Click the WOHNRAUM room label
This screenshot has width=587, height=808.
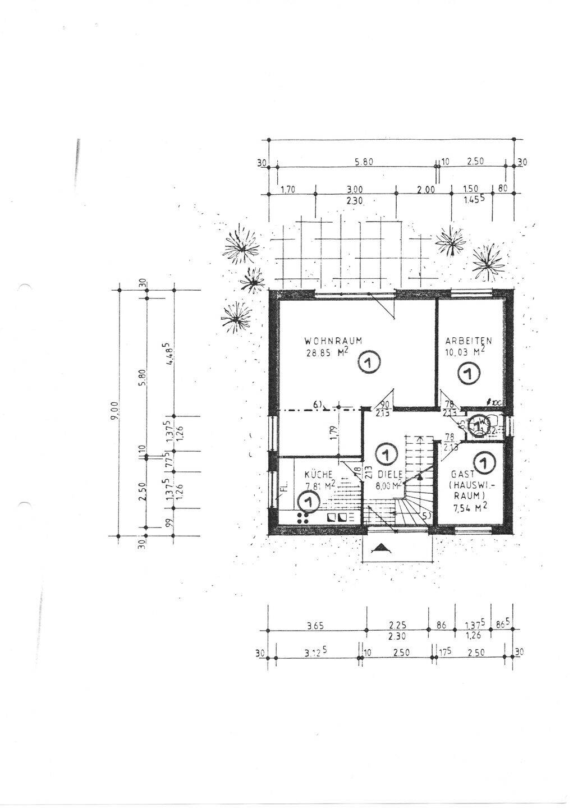[332, 340]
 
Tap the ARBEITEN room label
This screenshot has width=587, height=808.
[469, 341]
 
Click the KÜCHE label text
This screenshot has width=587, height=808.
[318, 474]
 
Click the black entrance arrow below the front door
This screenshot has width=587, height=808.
[380, 548]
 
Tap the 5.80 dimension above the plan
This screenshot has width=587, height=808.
[364, 162]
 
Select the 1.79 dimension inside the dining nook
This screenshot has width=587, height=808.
[333, 433]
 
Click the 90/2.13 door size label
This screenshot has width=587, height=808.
[385, 408]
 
